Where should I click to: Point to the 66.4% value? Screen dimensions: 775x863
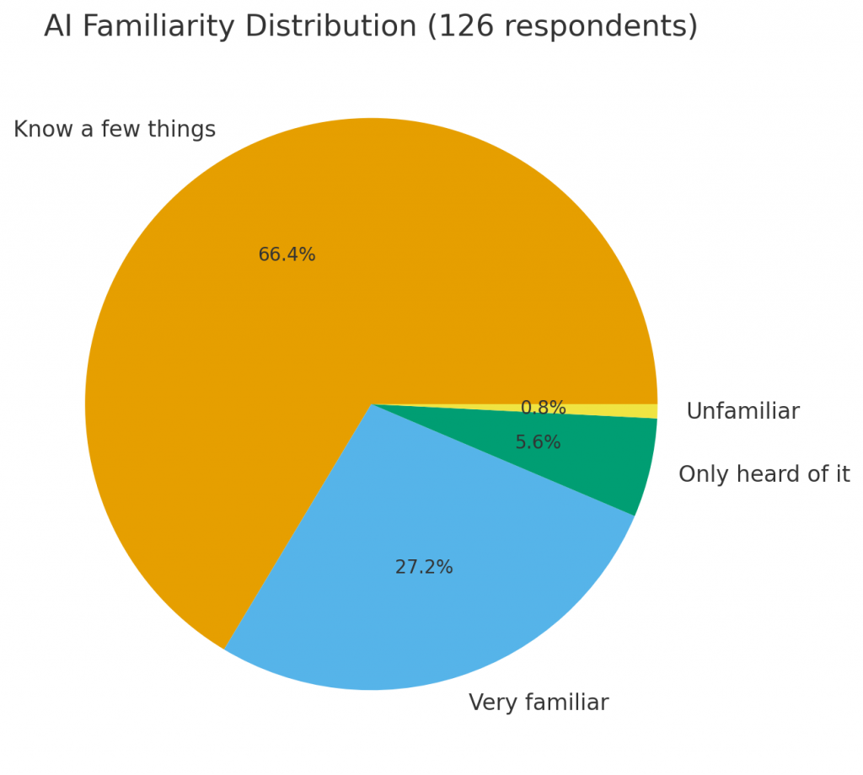point(287,255)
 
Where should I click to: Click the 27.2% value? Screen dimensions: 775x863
point(424,568)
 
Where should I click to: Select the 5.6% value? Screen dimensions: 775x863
point(538,443)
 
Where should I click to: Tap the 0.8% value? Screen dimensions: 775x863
point(543,409)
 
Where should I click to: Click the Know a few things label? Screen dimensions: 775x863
point(115,130)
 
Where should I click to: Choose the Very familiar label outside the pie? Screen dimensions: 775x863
point(539,703)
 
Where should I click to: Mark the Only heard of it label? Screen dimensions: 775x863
point(764,474)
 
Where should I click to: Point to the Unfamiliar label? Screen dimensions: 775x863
point(742,412)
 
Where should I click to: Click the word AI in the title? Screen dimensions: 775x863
point(58,27)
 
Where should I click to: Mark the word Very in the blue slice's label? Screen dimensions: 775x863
point(490,703)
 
